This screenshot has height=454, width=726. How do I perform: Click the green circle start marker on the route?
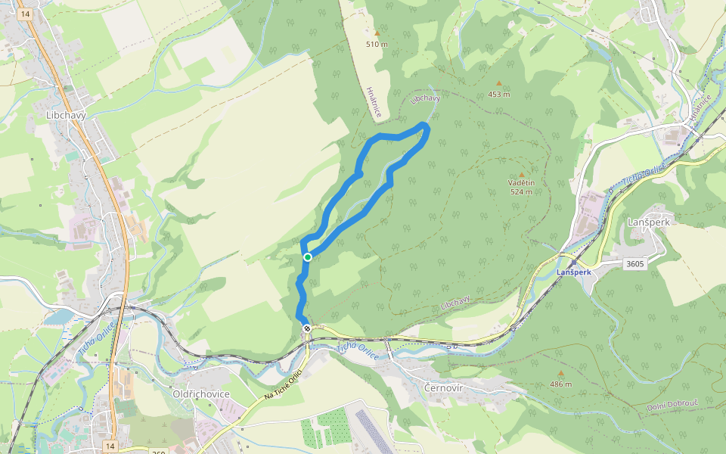click(x=308, y=257)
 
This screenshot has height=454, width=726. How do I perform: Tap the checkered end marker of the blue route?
click(x=307, y=328)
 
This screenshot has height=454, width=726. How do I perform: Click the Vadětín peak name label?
click(x=521, y=183)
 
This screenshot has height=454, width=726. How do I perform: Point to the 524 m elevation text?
click(x=521, y=191)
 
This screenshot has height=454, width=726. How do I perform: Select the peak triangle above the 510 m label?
click(x=377, y=33)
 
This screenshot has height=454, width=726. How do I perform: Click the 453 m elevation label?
click(x=498, y=95)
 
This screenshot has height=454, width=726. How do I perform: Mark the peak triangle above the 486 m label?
click(x=560, y=373)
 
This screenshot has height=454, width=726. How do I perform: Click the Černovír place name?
click(x=443, y=388)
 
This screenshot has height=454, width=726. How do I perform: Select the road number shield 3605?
click(x=635, y=264)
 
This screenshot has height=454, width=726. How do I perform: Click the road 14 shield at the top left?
click(x=26, y=14)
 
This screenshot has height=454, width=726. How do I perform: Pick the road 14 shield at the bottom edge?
click(x=110, y=446)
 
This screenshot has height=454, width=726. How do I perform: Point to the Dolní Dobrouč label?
click(x=675, y=408)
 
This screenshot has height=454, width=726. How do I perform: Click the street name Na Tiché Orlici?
click(x=283, y=386)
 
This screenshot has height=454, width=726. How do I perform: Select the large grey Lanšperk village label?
click(x=649, y=222)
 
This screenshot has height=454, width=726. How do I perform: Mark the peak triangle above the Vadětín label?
click(x=521, y=174)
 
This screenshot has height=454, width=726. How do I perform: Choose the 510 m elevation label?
click(x=377, y=44)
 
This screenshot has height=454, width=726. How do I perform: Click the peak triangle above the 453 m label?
click(x=498, y=84)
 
